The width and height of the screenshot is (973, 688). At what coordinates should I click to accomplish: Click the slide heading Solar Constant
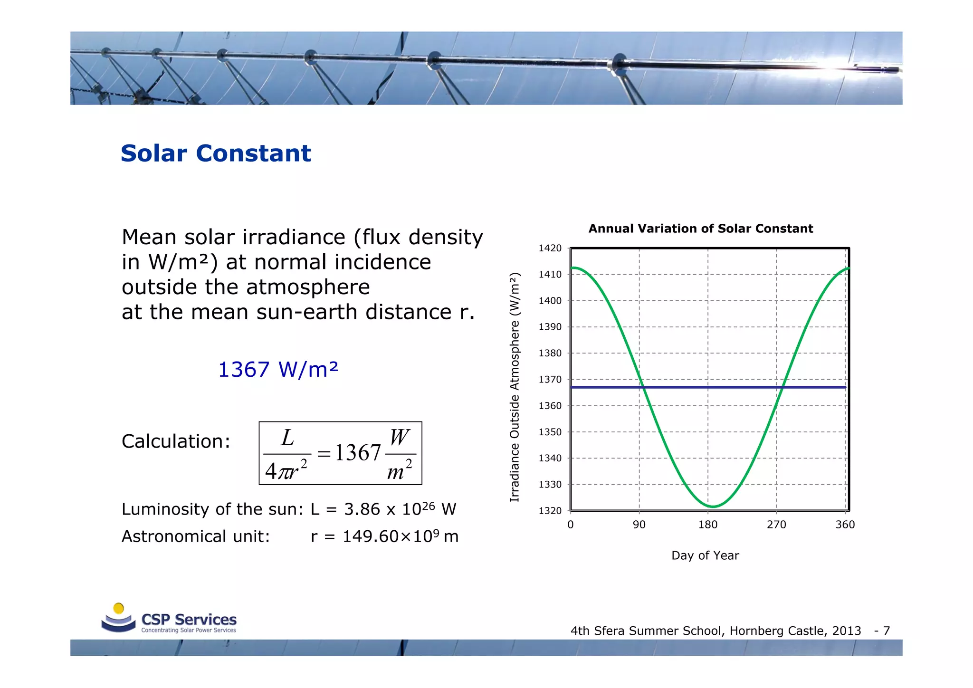[x=216, y=153]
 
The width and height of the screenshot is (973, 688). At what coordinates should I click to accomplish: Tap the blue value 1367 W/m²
[x=278, y=370]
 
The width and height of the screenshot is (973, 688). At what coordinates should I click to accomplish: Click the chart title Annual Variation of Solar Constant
[x=700, y=229]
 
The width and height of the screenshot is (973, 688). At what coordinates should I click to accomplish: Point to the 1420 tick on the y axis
[x=550, y=248]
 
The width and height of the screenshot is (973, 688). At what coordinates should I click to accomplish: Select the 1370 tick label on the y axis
[x=550, y=380]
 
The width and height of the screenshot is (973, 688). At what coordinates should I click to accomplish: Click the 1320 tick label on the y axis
[x=550, y=511]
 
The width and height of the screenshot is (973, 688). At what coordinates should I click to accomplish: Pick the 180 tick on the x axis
[x=707, y=525]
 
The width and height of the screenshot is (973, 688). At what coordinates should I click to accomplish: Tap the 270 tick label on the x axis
[x=776, y=525]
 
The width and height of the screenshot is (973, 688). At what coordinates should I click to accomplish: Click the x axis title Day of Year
[x=705, y=555]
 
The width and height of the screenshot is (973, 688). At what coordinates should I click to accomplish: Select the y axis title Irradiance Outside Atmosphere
[x=515, y=387]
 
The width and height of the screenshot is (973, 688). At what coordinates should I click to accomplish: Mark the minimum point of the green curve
[x=713, y=506]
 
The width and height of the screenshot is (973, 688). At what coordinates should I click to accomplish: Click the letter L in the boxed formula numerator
[x=287, y=438]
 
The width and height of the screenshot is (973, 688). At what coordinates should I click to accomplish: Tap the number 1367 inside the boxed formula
[x=357, y=453]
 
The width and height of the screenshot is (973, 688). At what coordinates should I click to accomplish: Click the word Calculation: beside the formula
[x=176, y=441]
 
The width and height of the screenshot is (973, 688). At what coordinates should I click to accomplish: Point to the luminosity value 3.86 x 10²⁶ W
[x=400, y=509]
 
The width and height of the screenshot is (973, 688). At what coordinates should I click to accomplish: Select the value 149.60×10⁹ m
[x=400, y=536]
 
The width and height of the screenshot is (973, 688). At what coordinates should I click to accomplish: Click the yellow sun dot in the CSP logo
[x=119, y=608]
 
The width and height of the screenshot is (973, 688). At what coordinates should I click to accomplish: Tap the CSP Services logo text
[x=189, y=620]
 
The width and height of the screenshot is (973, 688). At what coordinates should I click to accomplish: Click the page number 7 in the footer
[x=886, y=631]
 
